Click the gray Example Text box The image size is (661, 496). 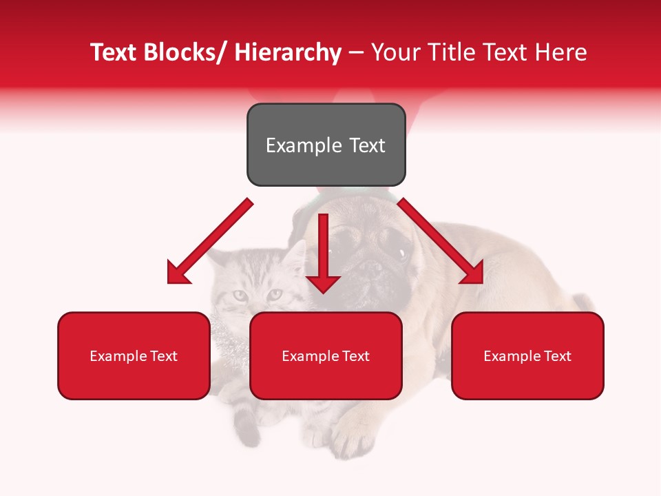pos(326,145)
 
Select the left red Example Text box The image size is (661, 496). pos(134,355)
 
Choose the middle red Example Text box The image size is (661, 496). pos(326,355)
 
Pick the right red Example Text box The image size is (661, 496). pos(527,355)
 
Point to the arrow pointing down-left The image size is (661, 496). pos(210,241)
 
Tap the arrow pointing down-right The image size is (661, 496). pos(441,241)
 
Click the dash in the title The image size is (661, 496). pos(356,53)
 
